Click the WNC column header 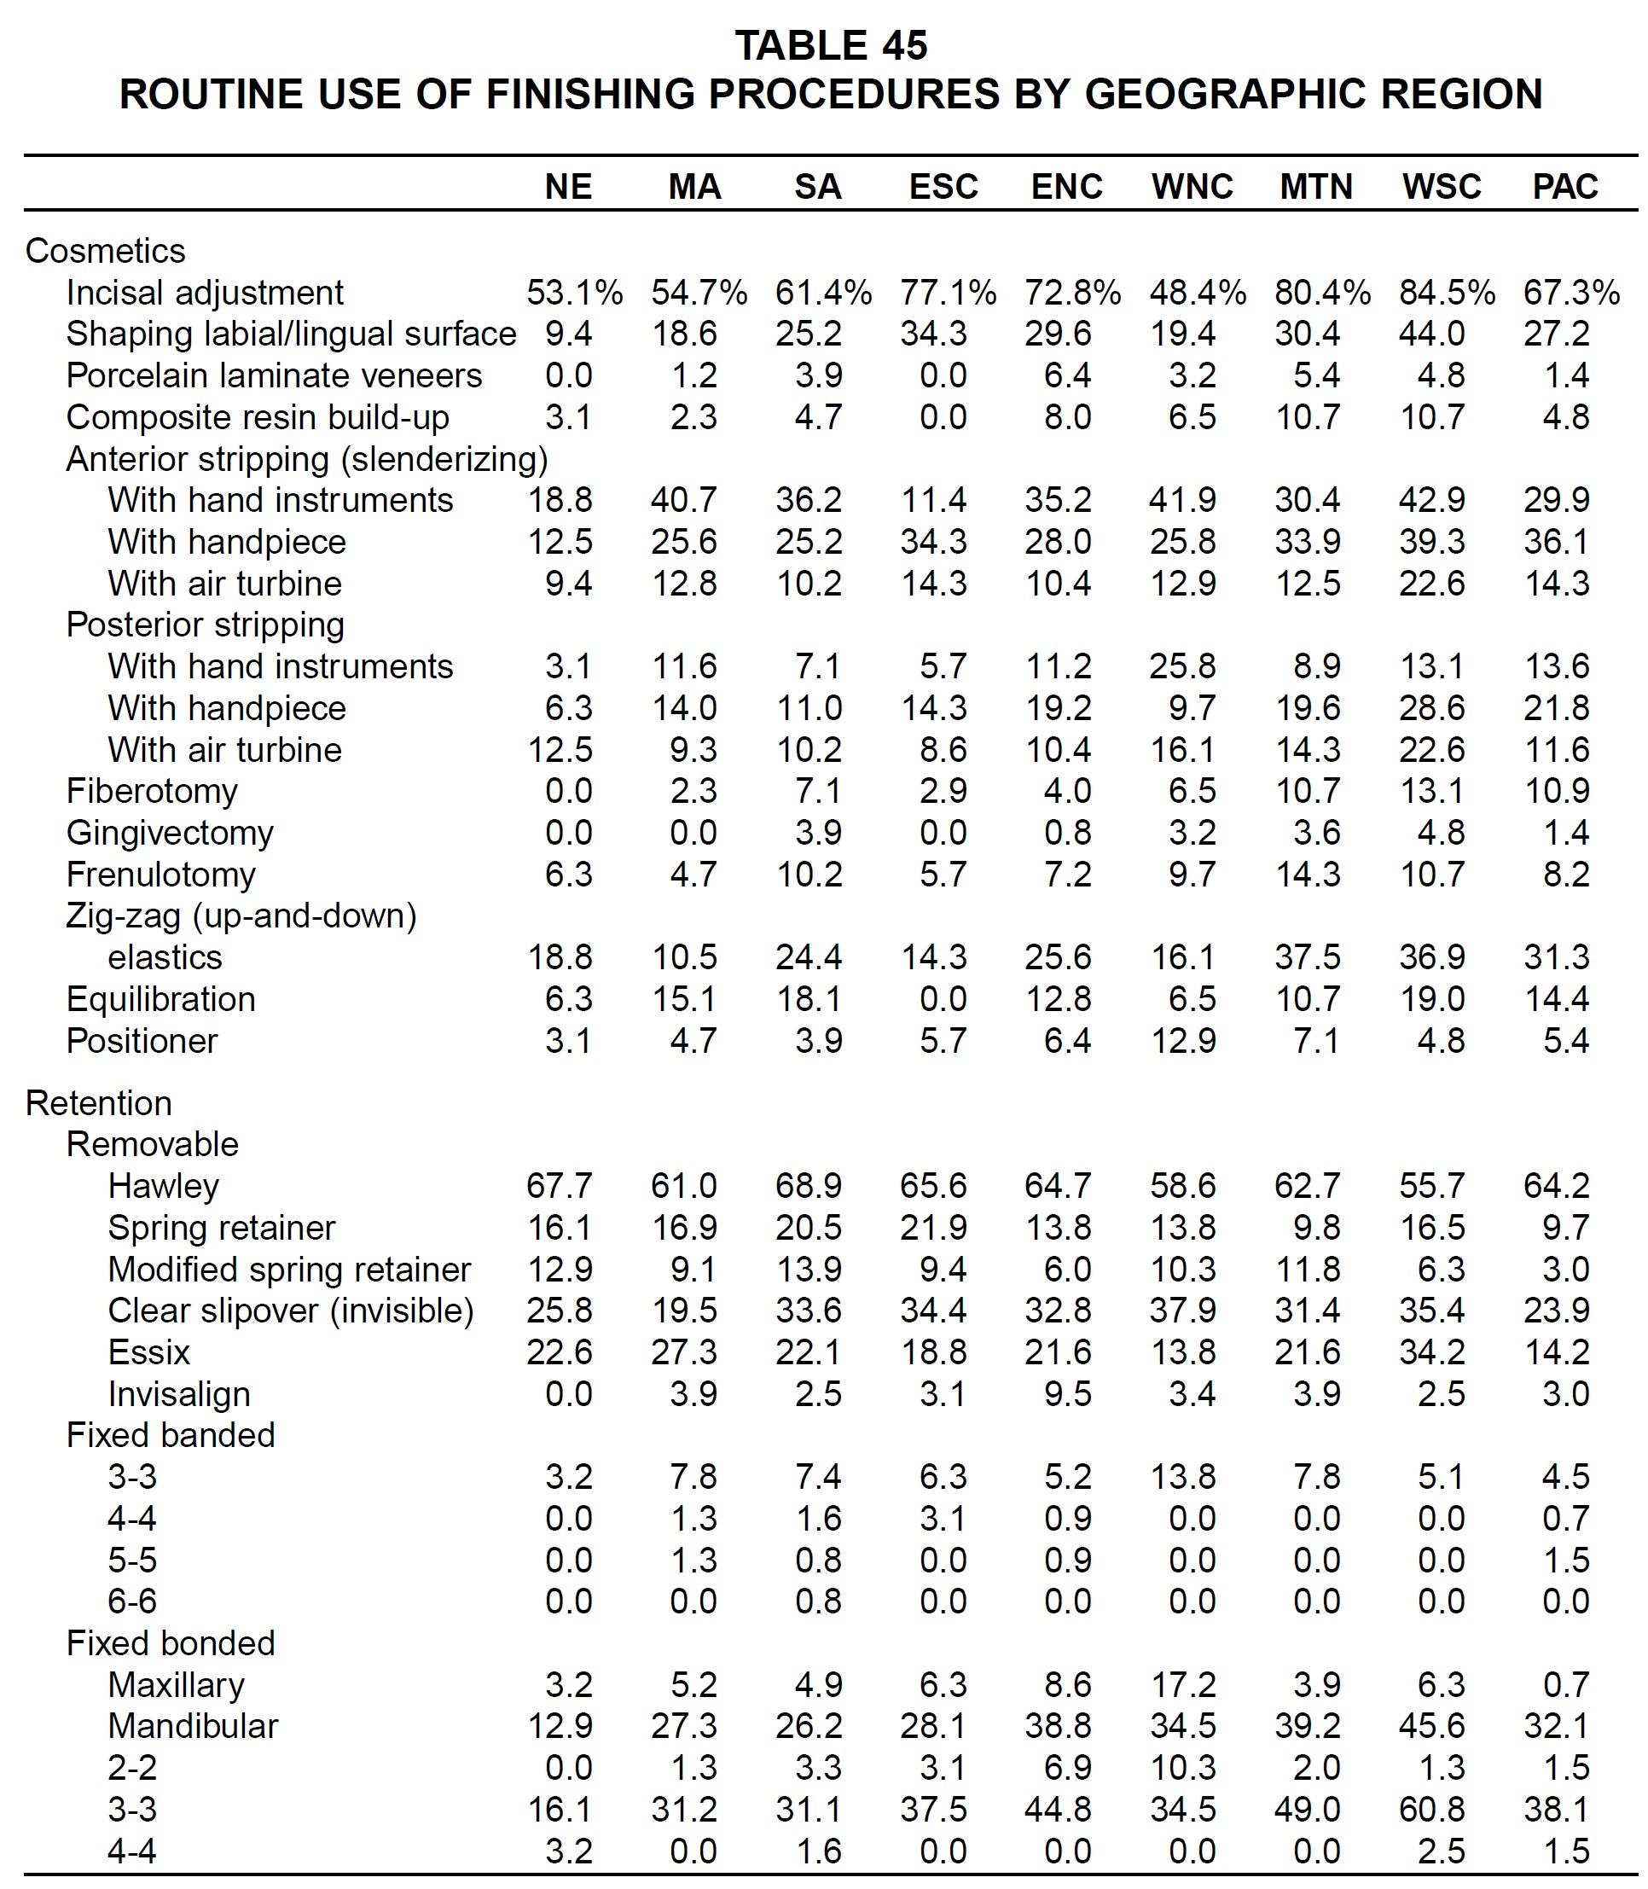click(x=1192, y=187)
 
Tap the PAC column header click(x=1565, y=187)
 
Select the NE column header click(x=568, y=187)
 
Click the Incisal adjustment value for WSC click(x=1448, y=293)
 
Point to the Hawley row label click(x=164, y=1186)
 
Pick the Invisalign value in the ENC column click(x=1068, y=1394)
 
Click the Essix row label click(x=149, y=1353)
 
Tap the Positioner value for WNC click(x=1184, y=1041)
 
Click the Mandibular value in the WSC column click(x=1432, y=1726)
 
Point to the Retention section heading click(x=98, y=1103)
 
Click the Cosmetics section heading click(x=105, y=251)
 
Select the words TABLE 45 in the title click(x=832, y=46)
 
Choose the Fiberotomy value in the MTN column click(x=1308, y=792)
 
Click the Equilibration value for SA click(x=809, y=1000)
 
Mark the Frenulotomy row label click(x=161, y=875)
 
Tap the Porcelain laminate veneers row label click(x=274, y=376)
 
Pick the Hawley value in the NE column click(x=560, y=1186)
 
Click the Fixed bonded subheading click(x=171, y=1643)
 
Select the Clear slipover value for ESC click(x=933, y=1311)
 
